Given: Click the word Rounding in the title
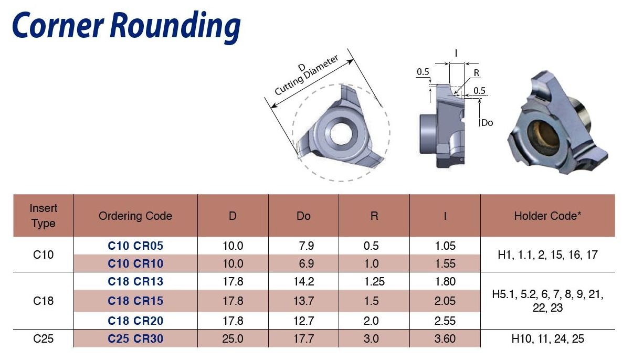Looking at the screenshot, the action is tap(175, 26).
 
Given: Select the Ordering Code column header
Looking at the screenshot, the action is tap(135, 216).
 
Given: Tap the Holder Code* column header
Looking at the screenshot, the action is tap(547, 216).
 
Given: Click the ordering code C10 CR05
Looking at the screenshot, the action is tap(135, 246).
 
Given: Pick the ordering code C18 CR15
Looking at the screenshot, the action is tap(135, 301).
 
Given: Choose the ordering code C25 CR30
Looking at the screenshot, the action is tap(135, 338).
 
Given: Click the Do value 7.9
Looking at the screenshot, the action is tap(307, 246).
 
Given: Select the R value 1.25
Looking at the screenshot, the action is tap(374, 281).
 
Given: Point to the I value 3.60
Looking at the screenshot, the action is tap(445, 338).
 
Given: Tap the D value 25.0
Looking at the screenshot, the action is tap(233, 338).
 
